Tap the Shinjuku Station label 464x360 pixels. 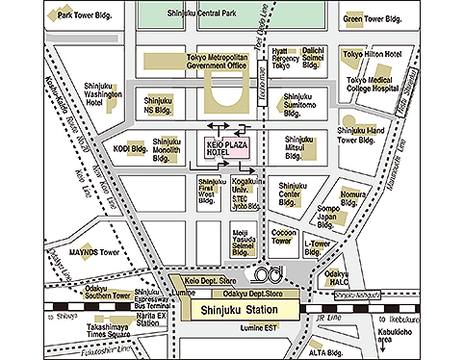(235, 310)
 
